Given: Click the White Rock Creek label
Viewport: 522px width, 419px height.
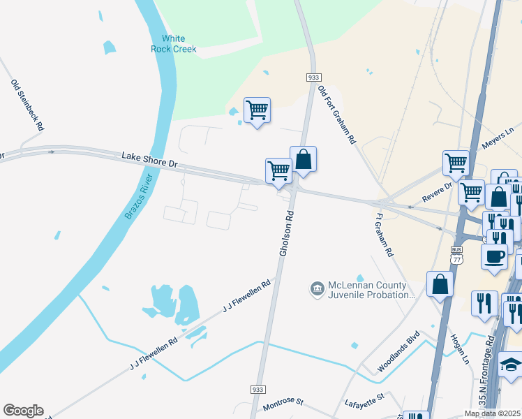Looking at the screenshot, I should click(x=174, y=43).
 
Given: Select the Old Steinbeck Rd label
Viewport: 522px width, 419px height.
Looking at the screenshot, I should click(x=27, y=105).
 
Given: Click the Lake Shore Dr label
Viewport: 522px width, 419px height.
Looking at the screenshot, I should click(x=149, y=159).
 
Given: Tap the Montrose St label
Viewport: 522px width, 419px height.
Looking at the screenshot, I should click(x=283, y=403).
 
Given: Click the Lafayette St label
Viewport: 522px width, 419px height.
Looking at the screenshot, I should click(x=365, y=400).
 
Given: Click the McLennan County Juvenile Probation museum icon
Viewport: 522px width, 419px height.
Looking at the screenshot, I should click(x=317, y=288).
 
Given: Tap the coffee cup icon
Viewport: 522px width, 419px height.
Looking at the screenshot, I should click(x=495, y=255).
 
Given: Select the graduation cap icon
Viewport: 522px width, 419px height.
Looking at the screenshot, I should click(x=511, y=364).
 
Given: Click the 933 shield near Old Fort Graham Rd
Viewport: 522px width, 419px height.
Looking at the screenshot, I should click(x=313, y=77).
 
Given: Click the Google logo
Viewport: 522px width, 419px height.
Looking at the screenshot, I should click(x=23, y=411).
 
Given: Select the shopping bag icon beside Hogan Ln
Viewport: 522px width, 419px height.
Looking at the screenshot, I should click(x=440, y=284).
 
